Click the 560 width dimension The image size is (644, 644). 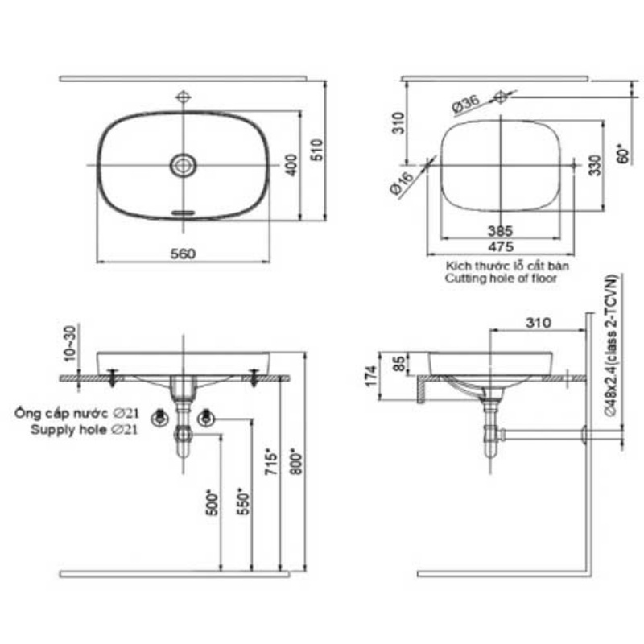(x=183, y=254)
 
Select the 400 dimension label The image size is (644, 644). (x=291, y=165)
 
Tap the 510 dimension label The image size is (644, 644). (x=316, y=150)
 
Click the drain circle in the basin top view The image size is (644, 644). (x=184, y=166)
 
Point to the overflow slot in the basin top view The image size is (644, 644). (x=184, y=213)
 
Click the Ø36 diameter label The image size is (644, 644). (x=466, y=105)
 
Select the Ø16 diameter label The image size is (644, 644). (x=401, y=183)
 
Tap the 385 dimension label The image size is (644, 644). (x=500, y=231)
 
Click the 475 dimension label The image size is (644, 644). (x=501, y=246)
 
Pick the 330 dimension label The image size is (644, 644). (x=594, y=165)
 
